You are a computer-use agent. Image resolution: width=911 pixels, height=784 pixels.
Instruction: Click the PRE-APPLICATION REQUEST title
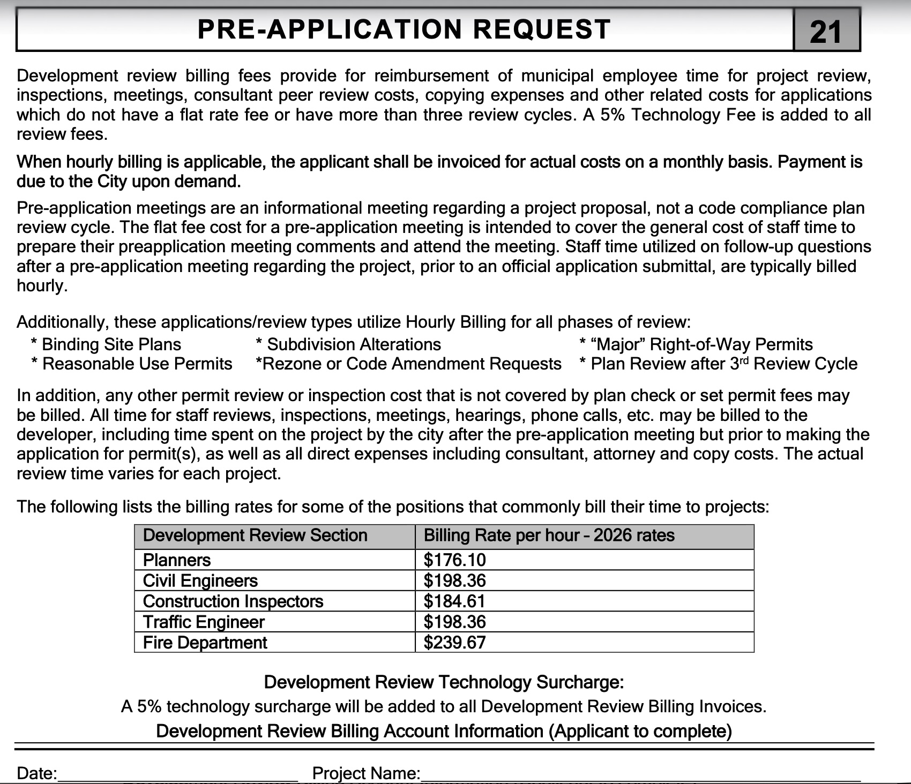[x=404, y=29]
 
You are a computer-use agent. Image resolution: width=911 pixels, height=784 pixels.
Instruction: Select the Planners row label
[x=177, y=560]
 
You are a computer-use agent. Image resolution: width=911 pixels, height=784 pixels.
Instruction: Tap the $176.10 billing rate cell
[x=454, y=560]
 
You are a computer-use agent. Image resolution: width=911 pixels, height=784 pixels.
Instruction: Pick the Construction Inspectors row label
[x=233, y=601]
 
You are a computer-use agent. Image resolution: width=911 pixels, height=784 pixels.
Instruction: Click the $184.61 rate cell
[x=454, y=601]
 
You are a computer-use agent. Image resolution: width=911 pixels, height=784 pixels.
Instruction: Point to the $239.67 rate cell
[x=454, y=643]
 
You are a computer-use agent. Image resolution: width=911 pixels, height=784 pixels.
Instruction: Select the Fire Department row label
[x=205, y=643]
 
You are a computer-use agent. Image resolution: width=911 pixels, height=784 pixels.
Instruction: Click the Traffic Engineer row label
[x=204, y=622]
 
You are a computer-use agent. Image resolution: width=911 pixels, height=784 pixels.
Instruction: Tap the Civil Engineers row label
[x=200, y=581]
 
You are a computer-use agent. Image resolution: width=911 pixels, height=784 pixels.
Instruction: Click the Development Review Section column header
[x=255, y=536]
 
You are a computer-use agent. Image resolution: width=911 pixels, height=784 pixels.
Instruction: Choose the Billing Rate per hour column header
[x=549, y=536]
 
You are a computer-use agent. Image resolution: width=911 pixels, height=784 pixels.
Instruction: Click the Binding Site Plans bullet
[x=106, y=344]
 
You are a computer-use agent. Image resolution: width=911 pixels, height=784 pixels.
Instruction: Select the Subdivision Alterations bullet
[x=349, y=344]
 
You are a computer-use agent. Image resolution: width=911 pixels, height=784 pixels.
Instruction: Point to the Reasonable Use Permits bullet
[x=132, y=364]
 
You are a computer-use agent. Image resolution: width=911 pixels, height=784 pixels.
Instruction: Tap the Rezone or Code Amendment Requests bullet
[x=408, y=364]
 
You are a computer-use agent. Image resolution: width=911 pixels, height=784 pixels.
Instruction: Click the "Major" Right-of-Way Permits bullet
[x=696, y=344]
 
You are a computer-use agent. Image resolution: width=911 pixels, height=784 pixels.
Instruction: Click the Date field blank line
[x=177, y=774]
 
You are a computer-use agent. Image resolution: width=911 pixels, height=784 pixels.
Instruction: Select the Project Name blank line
[x=640, y=774]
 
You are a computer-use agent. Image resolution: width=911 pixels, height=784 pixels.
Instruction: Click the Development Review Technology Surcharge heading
[x=444, y=682]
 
